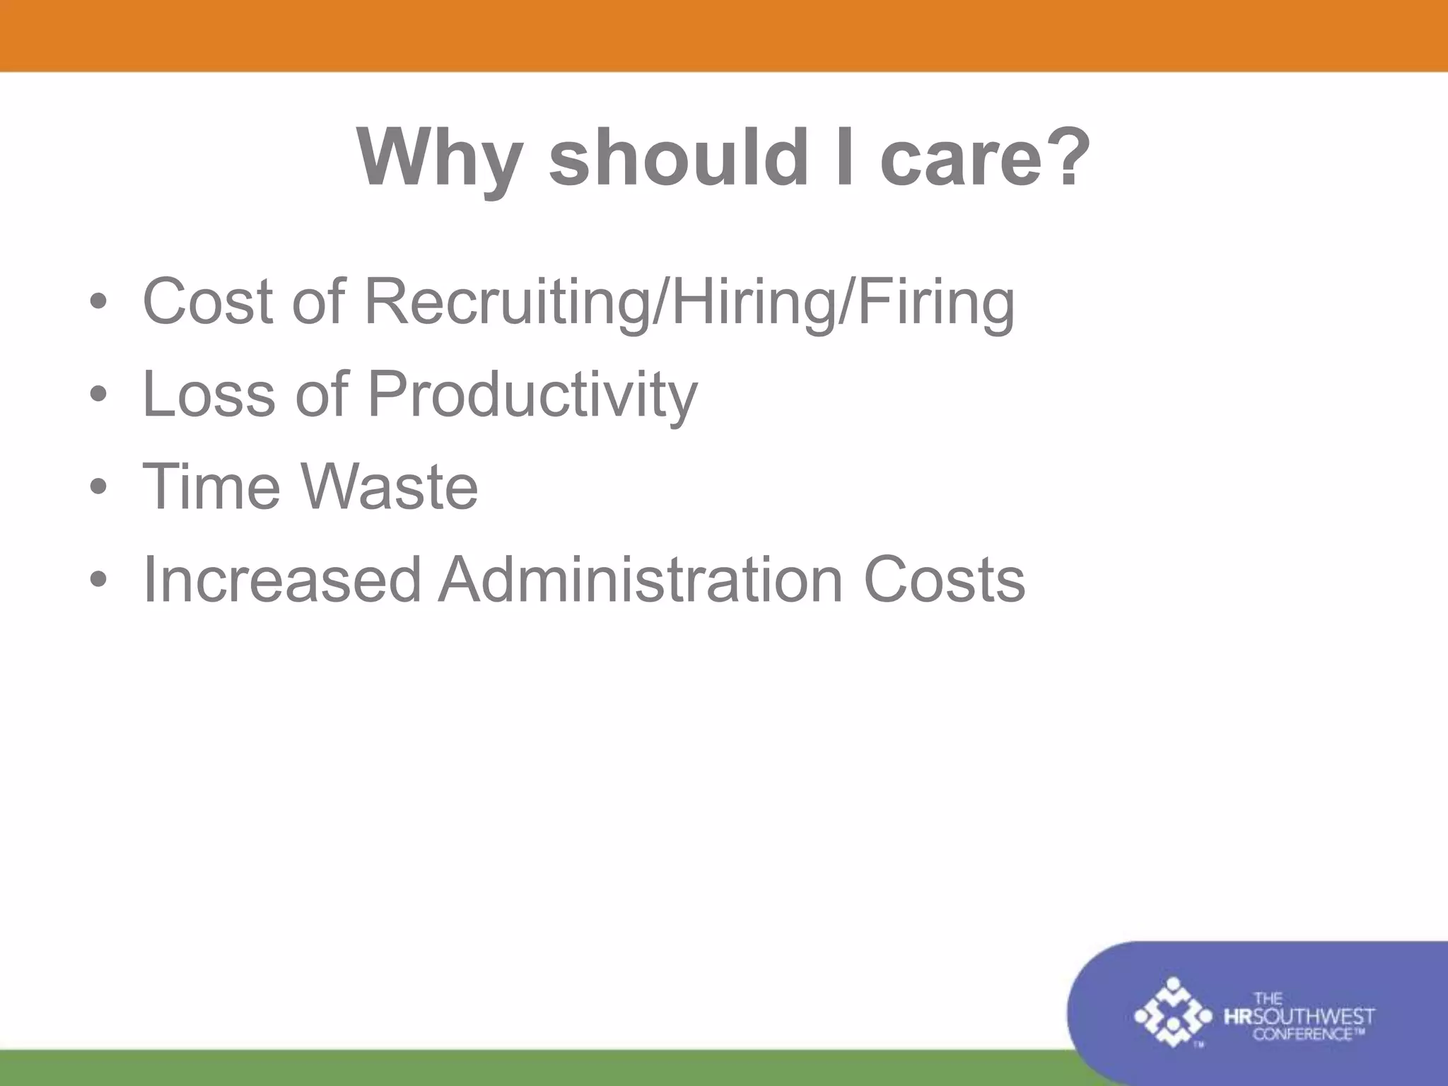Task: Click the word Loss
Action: pos(209,395)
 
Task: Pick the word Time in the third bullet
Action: pos(211,486)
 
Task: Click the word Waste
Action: pos(390,486)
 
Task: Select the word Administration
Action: pos(641,580)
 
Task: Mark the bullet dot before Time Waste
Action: pos(98,487)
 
